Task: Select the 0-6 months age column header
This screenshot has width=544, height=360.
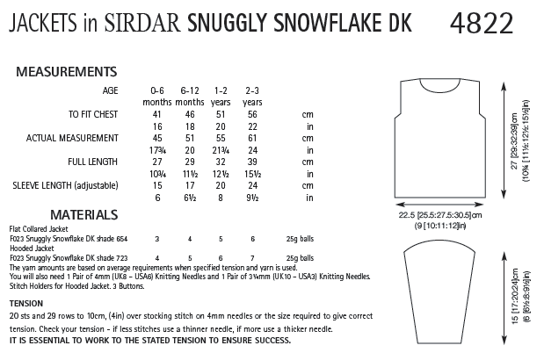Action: [x=158, y=97]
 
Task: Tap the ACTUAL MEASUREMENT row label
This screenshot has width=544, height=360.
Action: [x=72, y=139]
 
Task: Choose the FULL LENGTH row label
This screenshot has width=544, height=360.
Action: [x=93, y=162]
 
